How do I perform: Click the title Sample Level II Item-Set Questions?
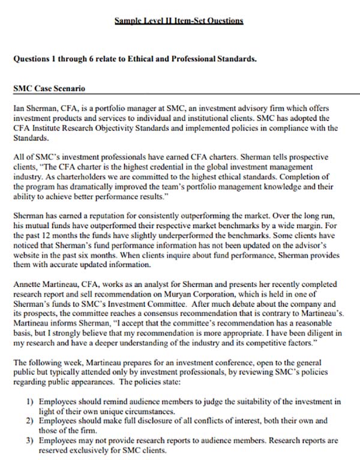[x=179, y=20]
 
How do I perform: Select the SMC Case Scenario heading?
[x=49, y=88]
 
